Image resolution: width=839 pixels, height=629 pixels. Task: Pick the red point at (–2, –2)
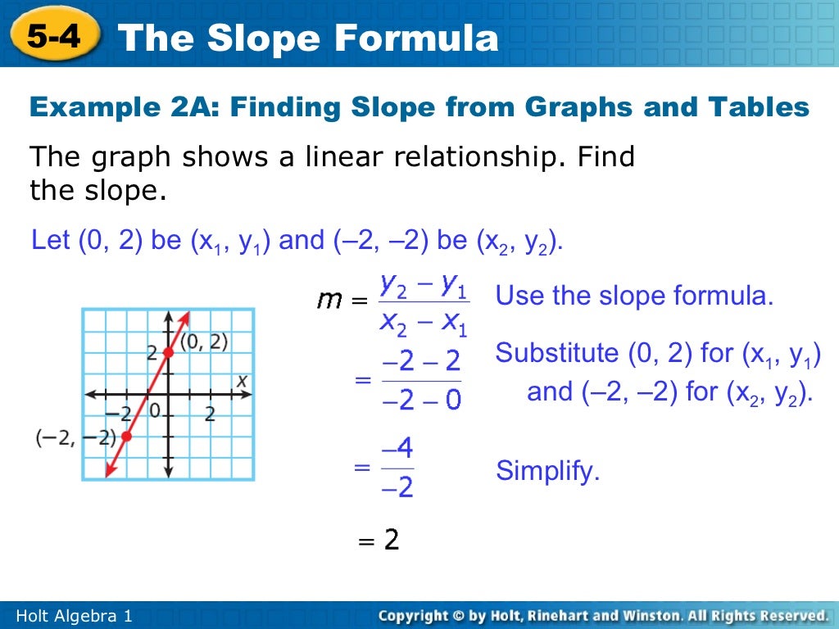pyautogui.click(x=126, y=437)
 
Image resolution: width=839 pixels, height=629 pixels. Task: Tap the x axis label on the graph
pyautogui.click(x=242, y=380)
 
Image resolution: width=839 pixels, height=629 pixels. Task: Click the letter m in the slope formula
pyautogui.click(x=330, y=301)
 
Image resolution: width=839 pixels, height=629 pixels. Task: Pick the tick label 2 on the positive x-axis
pyautogui.click(x=210, y=414)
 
